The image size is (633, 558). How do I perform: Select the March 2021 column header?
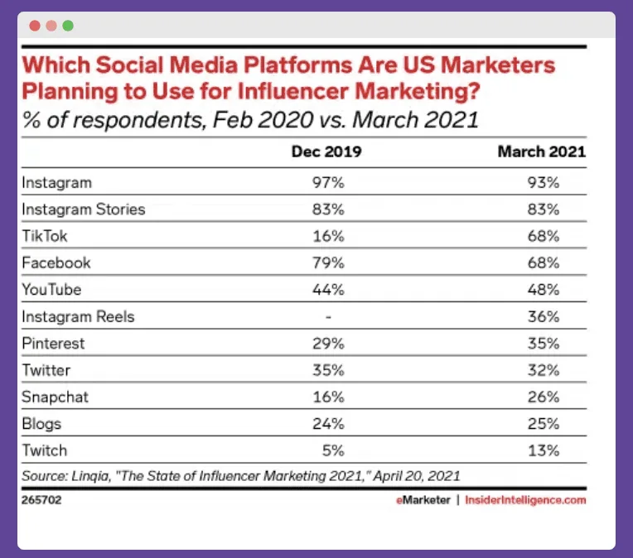click(541, 152)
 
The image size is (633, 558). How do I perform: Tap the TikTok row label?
click(45, 236)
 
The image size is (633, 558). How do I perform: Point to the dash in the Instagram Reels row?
click(329, 316)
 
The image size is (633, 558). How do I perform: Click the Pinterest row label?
click(54, 343)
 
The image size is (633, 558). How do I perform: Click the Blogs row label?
click(41, 424)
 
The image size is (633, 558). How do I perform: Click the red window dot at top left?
click(35, 26)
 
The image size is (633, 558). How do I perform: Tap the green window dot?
click(68, 26)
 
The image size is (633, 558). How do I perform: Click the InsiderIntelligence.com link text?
click(525, 500)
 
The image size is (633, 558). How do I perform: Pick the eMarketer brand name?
click(422, 500)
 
